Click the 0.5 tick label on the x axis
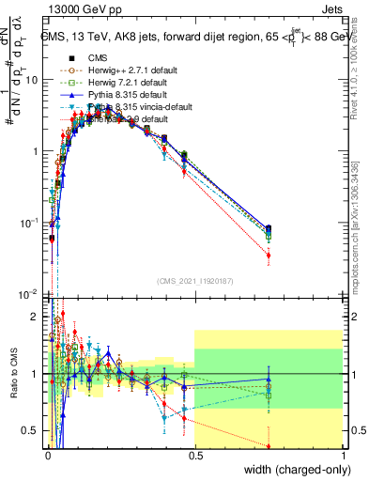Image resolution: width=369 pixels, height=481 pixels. (194, 456)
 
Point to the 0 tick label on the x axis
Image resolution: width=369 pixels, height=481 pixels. (47, 456)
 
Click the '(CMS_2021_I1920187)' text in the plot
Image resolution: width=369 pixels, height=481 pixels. (194, 282)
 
